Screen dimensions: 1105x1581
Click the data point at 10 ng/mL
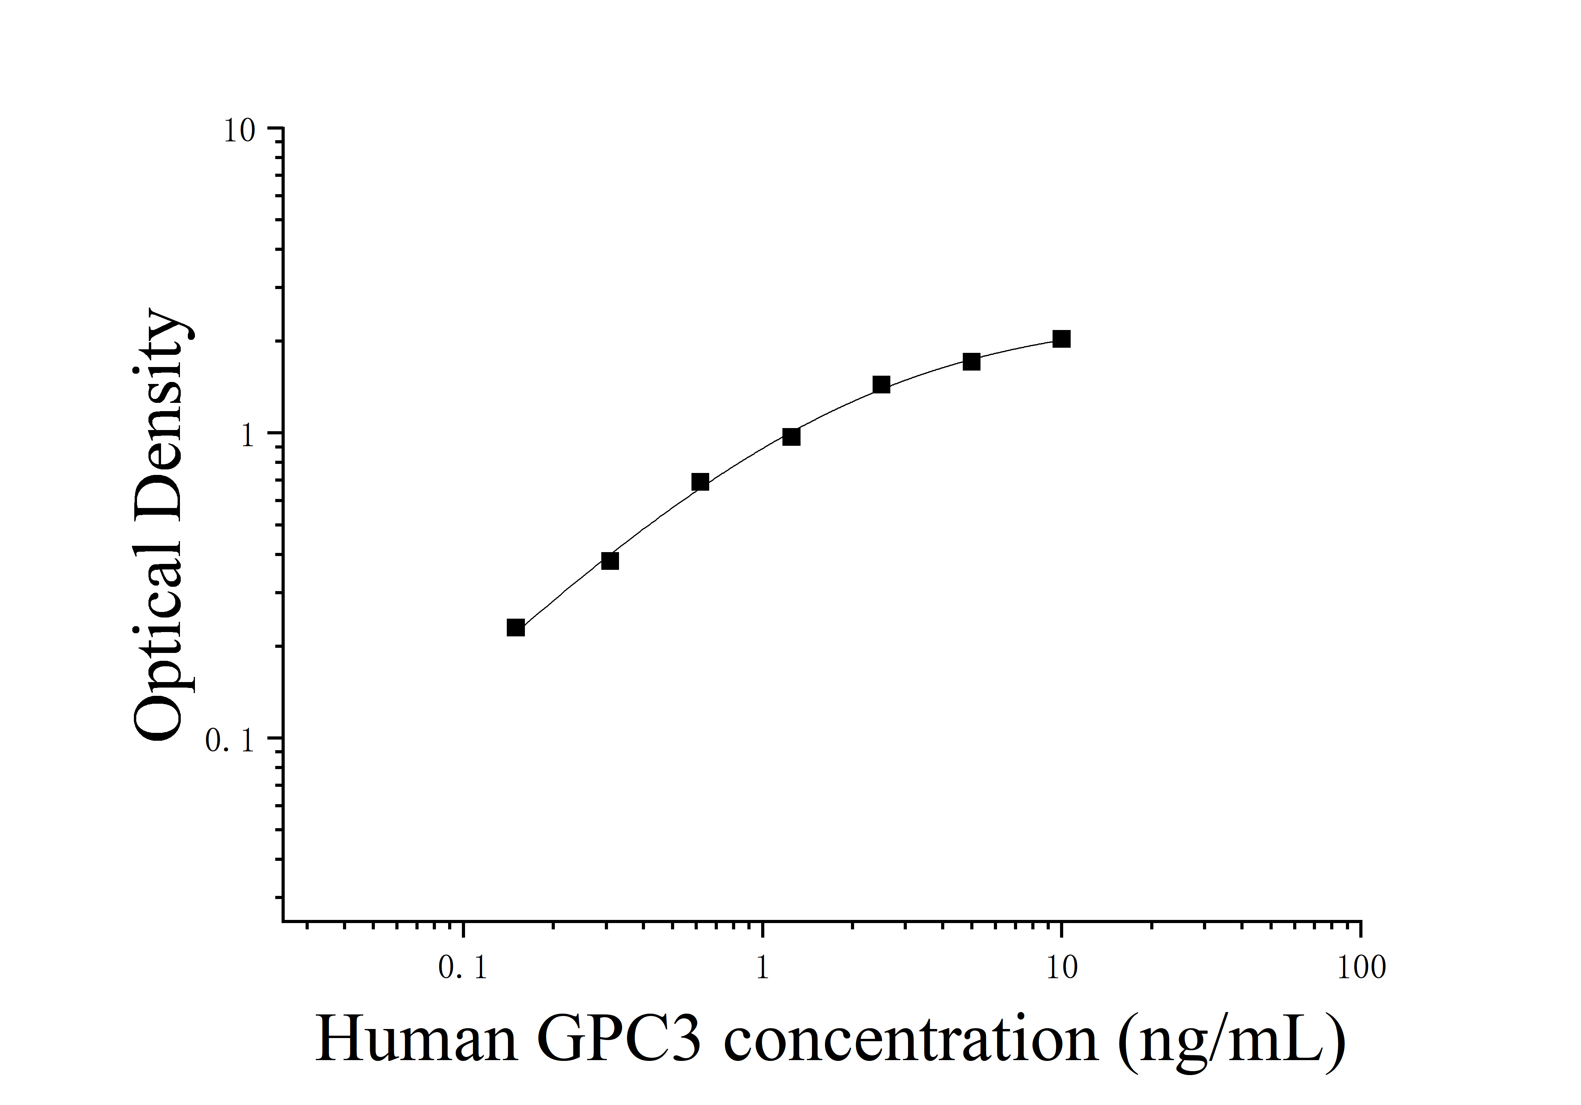pos(1061,339)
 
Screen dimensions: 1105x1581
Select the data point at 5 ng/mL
pos(971,362)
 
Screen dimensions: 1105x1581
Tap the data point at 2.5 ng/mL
pos(881,384)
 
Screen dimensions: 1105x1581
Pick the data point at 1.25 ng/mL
pos(791,436)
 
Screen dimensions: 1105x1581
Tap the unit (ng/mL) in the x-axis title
pos(1231,1042)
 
